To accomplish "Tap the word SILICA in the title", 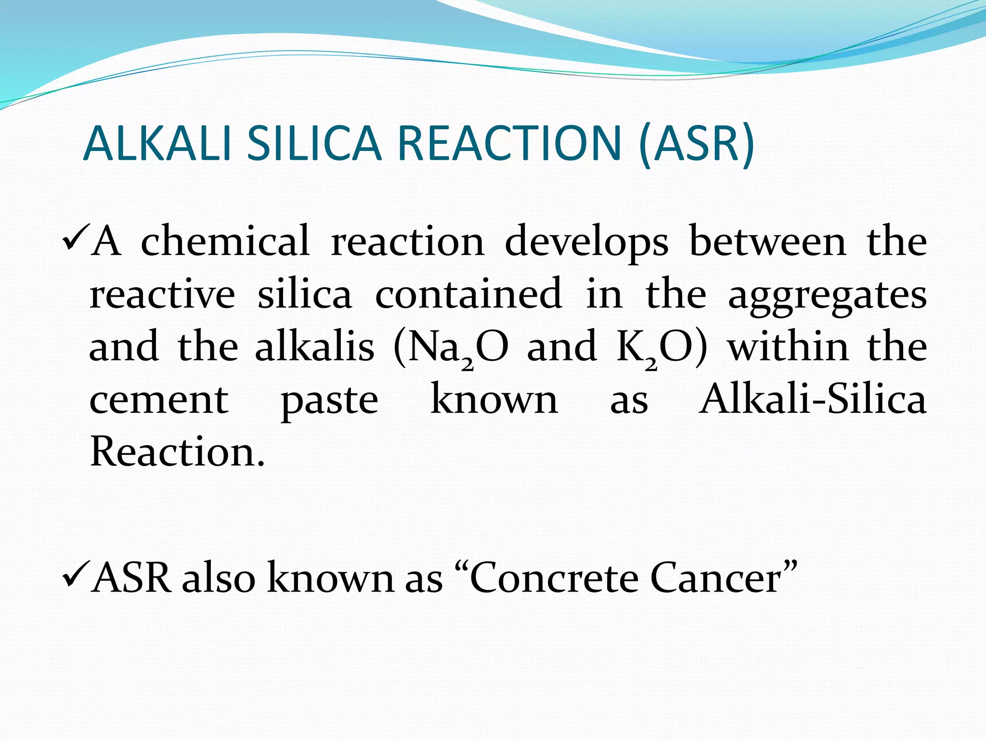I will pos(314,144).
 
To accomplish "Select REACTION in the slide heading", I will pos(509,144).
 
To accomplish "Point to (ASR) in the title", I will pos(697,144).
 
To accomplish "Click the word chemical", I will pos(225,241).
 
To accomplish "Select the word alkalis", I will pos(314,346).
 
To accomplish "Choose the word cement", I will pos(159,400).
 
